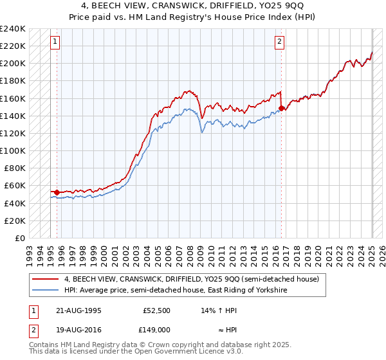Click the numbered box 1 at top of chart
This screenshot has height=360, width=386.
point(55,42)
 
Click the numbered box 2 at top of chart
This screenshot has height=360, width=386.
point(280,42)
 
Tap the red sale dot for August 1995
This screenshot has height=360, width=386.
point(57,192)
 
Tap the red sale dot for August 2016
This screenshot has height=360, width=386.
point(282,108)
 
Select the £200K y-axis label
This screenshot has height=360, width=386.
point(13,63)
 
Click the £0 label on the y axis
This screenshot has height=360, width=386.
point(20,238)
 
